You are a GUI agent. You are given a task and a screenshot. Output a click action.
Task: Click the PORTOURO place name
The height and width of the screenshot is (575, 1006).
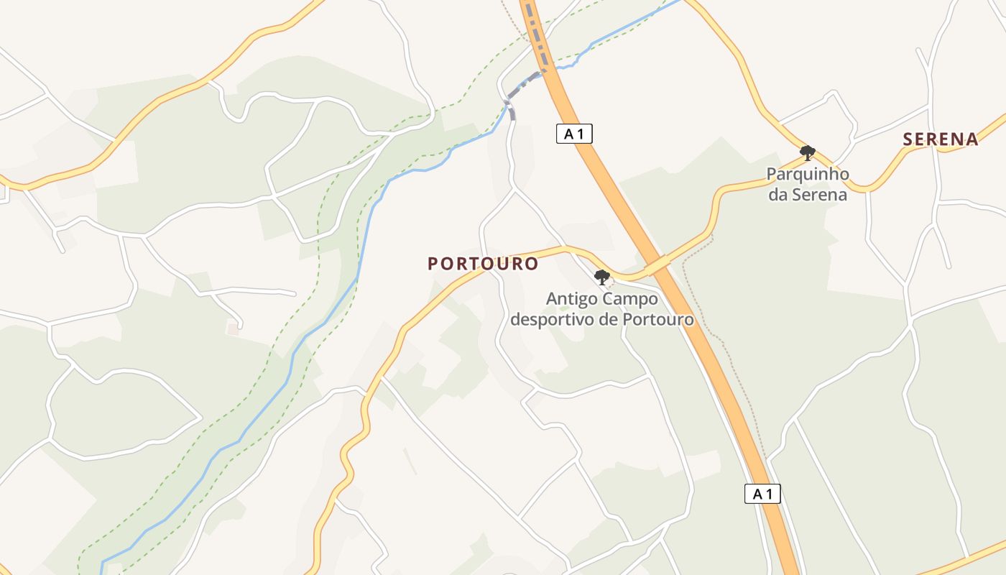tap(483, 264)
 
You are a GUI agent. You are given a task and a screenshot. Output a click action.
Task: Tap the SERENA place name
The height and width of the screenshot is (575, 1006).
tap(941, 139)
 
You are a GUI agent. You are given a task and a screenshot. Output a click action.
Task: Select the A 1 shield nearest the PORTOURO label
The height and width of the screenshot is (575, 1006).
tap(574, 134)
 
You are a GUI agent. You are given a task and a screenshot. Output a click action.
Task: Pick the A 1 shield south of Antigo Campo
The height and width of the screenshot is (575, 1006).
tap(762, 494)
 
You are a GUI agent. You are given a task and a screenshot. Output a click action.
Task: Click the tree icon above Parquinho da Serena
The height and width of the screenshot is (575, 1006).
tap(808, 152)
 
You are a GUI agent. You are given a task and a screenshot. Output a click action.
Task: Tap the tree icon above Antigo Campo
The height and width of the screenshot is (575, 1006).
tap(602, 277)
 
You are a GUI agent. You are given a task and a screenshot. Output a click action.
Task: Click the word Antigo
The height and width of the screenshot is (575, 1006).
tap(570, 298)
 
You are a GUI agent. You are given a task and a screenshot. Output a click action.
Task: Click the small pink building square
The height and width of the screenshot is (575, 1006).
tap(233, 329)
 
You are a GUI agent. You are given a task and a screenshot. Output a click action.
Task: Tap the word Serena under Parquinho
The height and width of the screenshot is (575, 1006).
tap(819, 194)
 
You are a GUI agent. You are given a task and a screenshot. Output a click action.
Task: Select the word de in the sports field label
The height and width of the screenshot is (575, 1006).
tap(609, 318)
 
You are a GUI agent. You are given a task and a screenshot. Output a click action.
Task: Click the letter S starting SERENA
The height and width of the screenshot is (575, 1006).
tap(908, 139)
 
